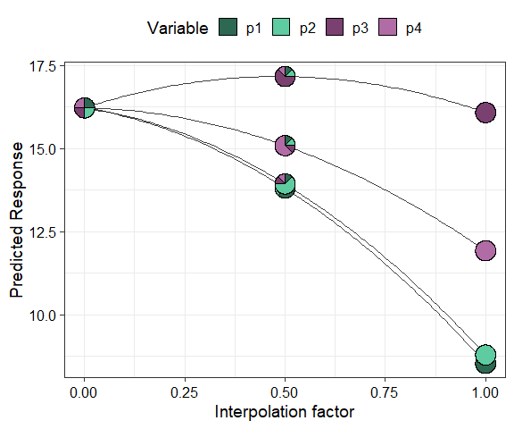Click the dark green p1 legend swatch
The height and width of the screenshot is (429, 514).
(x=228, y=29)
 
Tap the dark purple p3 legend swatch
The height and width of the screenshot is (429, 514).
(x=335, y=29)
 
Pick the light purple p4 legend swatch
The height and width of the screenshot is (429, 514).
(x=388, y=29)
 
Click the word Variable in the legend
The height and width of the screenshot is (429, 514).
(x=178, y=29)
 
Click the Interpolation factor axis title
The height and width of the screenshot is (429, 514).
(x=285, y=412)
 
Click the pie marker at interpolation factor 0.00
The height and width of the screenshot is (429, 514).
(x=84, y=108)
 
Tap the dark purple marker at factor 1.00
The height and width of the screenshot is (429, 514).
(x=485, y=113)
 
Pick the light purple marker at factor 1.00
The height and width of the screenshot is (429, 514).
(x=485, y=250)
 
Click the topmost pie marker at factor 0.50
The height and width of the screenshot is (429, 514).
(x=285, y=76)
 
